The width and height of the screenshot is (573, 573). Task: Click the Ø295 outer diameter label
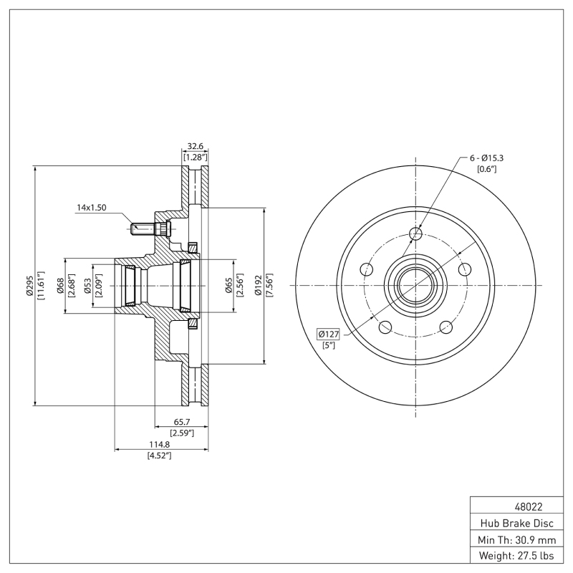30,285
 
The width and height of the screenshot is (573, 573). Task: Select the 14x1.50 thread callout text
92,208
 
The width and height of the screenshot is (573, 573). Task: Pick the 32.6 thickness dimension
194,146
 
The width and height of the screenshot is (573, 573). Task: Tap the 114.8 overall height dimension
159,445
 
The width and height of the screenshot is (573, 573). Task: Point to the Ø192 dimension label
258,285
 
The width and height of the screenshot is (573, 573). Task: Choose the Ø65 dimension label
228,285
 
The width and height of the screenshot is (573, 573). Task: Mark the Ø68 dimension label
60,285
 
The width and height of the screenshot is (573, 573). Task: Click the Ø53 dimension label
87,285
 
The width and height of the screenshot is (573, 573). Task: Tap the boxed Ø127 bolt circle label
329,333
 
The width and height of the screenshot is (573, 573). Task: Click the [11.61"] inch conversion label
42,285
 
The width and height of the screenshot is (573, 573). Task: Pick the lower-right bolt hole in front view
447,327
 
